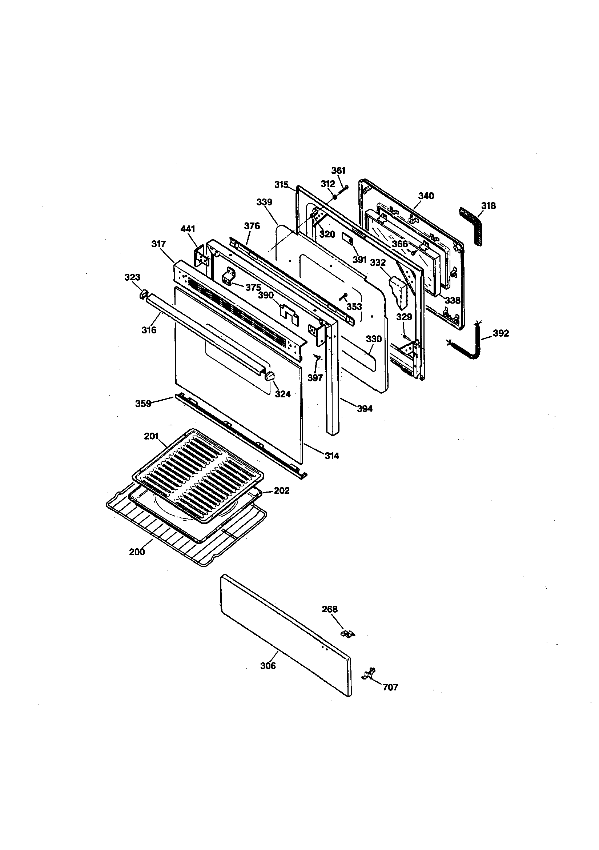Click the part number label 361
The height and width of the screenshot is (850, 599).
(338, 170)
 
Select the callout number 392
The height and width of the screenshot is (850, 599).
(500, 333)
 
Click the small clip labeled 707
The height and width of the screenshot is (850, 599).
(369, 673)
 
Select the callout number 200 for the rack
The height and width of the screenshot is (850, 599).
(137, 552)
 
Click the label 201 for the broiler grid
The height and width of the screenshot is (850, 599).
(151, 436)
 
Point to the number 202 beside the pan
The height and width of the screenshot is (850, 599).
(281, 490)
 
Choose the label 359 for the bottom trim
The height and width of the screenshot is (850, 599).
(143, 404)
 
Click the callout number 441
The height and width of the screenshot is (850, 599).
(188, 229)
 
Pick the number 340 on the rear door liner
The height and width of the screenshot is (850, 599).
(426, 196)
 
